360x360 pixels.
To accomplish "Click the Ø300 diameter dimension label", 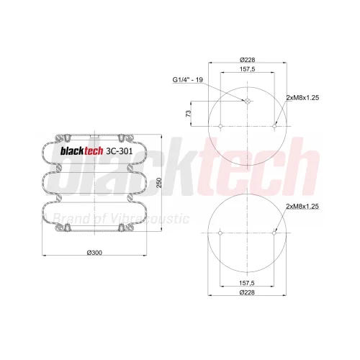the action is click(x=94, y=253).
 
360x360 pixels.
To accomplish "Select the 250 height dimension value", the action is click(x=159, y=183).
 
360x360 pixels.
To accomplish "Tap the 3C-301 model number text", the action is click(x=119, y=151).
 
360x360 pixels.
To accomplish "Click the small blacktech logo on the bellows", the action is click(x=81, y=151).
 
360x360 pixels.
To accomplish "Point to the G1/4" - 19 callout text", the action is click(x=188, y=80).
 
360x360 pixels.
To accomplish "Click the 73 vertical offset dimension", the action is click(x=189, y=114).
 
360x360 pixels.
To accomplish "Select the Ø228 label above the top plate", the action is click(x=247, y=59).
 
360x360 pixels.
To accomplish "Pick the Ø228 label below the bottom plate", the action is click(x=247, y=292).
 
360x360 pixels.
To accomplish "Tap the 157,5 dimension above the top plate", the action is click(x=247, y=69).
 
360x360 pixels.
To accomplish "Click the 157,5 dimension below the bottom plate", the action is click(x=247, y=283).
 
